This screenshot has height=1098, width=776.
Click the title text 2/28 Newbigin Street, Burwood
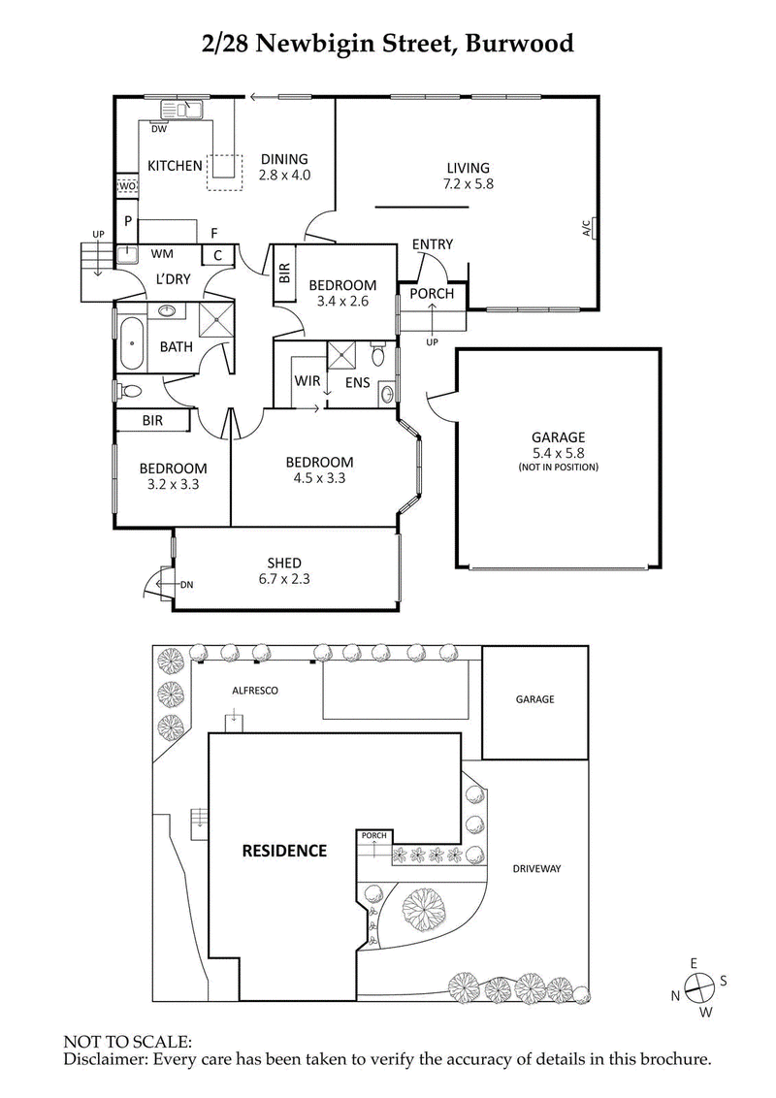[x=388, y=43]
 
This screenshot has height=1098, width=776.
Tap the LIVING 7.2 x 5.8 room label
[x=469, y=175]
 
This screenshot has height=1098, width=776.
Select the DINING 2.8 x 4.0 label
[x=283, y=167]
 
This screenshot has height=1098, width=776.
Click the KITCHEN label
[x=175, y=166]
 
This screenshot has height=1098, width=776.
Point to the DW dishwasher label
[x=159, y=128]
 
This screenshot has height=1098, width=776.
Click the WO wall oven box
[x=126, y=186]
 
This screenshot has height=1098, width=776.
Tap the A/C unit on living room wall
[x=589, y=228]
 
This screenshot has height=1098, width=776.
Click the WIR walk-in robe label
[x=307, y=382]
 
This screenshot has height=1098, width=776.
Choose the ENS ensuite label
[x=357, y=383]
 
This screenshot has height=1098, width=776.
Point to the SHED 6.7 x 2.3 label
[x=284, y=570]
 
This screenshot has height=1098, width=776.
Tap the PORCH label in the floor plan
[x=432, y=294]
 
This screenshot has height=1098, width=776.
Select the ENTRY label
[x=432, y=244]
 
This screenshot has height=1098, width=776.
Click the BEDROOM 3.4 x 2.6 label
[x=342, y=292]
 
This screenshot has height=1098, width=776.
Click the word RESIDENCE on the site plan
[x=284, y=851]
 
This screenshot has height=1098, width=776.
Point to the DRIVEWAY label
[x=537, y=869]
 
